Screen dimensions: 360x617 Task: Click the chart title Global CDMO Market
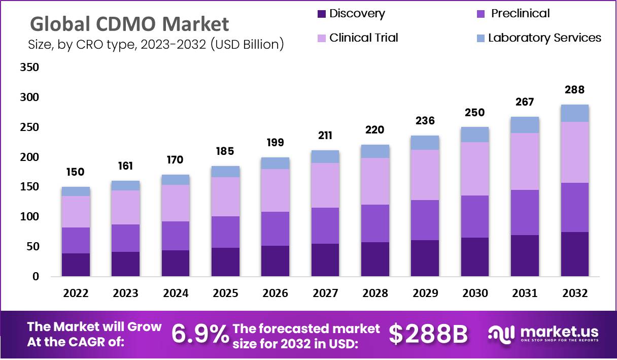click(x=129, y=24)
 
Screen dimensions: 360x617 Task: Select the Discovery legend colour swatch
click(x=322, y=14)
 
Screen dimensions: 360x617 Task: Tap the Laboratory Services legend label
click(x=544, y=38)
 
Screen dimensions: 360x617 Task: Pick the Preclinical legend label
click(x=520, y=14)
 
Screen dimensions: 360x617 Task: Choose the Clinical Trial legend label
click(x=363, y=38)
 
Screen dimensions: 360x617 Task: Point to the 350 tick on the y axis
click(x=29, y=68)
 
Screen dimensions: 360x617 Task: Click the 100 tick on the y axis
click(x=29, y=217)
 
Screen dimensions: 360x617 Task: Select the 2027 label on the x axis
click(x=325, y=293)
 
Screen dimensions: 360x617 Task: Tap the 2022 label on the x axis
click(x=76, y=293)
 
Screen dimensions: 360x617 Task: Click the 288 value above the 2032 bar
click(x=574, y=90)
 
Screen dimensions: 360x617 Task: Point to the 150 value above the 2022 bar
click(x=76, y=173)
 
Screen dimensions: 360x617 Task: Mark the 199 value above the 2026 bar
click(x=276, y=142)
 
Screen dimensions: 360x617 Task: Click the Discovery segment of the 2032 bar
click(x=574, y=254)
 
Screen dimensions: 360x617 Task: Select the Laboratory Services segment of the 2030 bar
click(x=475, y=135)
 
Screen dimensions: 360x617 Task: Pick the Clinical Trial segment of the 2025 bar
click(x=226, y=197)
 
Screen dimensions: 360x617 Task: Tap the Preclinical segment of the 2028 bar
click(x=375, y=223)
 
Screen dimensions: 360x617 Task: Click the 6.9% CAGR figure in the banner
click(x=200, y=334)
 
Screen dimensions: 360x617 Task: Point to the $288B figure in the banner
click(x=428, y=334)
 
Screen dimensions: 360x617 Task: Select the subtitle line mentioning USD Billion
click(x=156, y=45)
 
